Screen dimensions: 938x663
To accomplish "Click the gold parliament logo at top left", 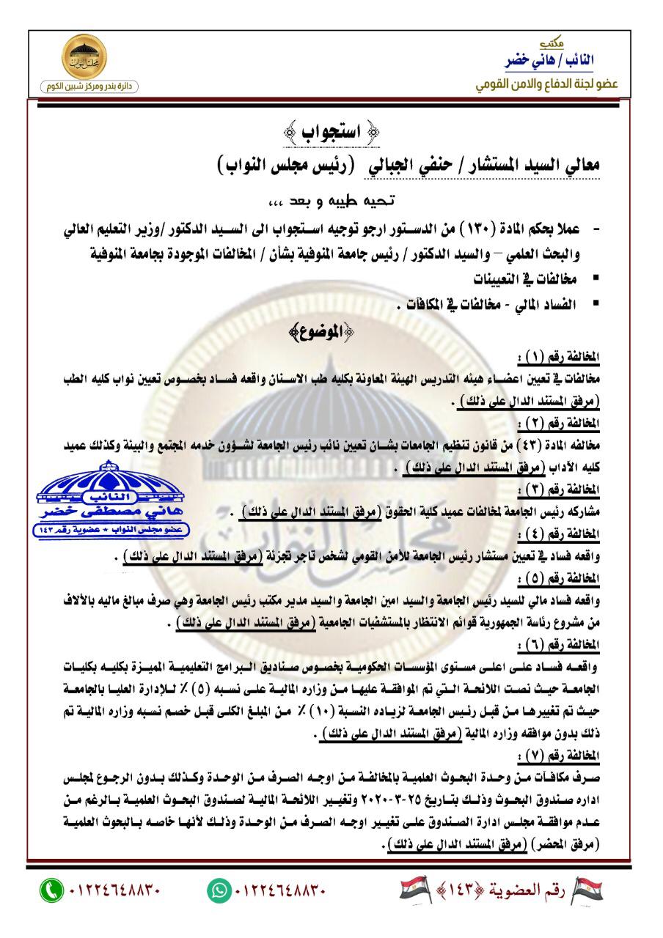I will coord(86,61).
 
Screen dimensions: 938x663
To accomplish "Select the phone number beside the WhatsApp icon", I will coord(280,891).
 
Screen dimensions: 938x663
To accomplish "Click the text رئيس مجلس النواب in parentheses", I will coord(285,166).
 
